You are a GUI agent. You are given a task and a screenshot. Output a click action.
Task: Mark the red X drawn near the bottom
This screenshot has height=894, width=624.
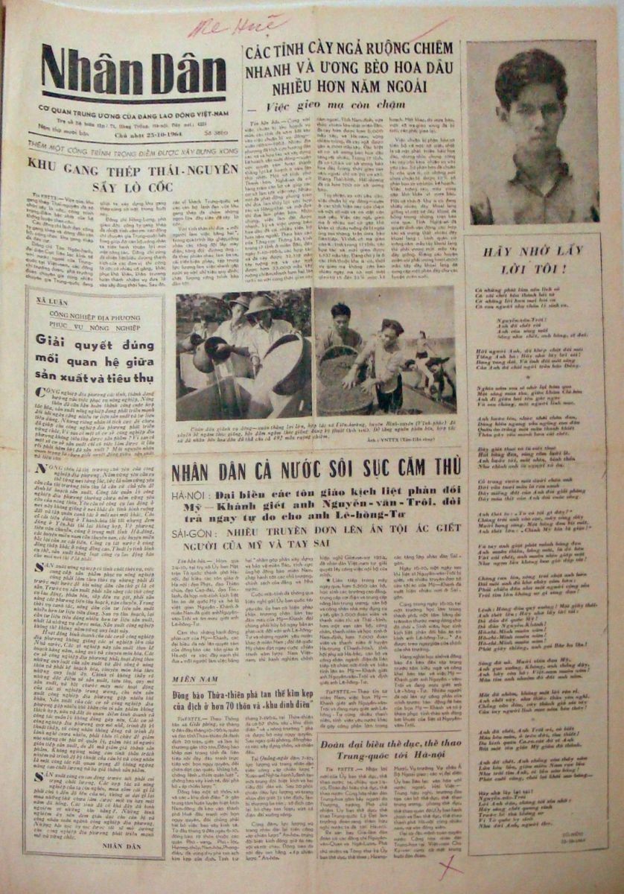coord(448,864)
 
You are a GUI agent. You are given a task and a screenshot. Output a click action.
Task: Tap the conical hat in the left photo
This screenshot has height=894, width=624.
coord(264,306)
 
